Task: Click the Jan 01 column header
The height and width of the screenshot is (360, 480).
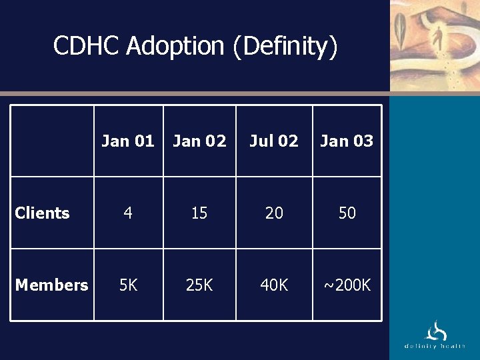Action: (128, 141)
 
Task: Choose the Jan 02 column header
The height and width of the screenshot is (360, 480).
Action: (199, 141)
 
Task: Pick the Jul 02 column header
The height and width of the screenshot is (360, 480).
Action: (274, 141)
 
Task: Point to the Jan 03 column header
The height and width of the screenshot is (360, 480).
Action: (347, 141)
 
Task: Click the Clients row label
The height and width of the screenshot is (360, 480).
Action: (42, 213)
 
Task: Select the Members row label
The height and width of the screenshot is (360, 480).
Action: (51, 285)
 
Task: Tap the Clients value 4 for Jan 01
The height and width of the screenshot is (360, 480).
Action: (128, 213)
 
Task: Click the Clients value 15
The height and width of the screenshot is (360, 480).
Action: (199, 213)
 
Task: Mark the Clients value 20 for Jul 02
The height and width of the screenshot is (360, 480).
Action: (274, 213)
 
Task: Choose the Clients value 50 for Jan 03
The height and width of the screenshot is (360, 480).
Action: (347, 213)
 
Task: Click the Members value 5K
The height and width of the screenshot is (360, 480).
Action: (128, 285)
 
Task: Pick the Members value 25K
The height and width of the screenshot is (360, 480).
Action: (199, 285)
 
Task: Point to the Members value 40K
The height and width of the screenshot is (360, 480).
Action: (274, 285)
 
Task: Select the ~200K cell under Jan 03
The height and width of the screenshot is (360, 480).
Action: (347, 285)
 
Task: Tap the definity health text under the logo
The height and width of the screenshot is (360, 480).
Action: (435, 346)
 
